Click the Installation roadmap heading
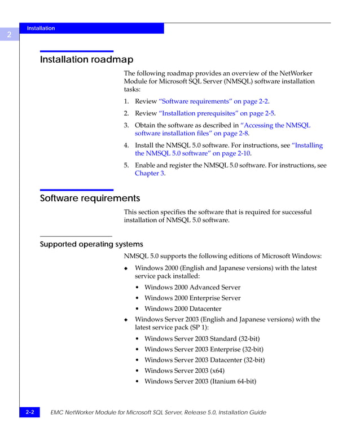86,60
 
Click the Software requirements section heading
90,199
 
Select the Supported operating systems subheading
91,244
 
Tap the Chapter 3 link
150,174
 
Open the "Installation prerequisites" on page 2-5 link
217,113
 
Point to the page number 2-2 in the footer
29,413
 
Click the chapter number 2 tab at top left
9,35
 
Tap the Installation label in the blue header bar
41,28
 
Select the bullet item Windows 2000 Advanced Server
192,288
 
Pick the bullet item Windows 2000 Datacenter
183,309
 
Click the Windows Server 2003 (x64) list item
184,371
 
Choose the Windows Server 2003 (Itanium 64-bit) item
200,381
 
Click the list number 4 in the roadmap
126,146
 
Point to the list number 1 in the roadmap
126,102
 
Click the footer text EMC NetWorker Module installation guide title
158,413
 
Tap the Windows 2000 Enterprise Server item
192,298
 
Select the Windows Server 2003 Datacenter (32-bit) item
204,360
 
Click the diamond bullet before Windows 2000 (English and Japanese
126,269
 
